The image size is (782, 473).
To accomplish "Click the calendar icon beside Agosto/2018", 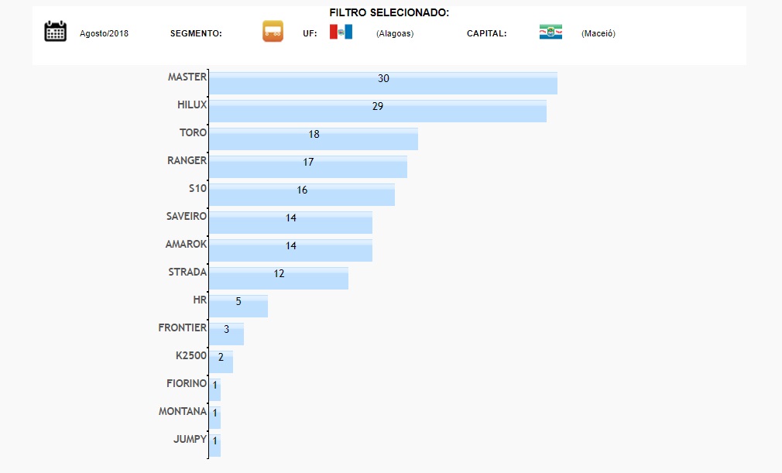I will [55, 31].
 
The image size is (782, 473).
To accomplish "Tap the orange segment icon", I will [273, 32].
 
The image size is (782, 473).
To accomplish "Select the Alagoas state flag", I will [341, 32].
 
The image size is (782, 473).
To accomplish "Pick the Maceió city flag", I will [550, 32].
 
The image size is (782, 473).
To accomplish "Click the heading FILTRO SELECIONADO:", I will [389, 12].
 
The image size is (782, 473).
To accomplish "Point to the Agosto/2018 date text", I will [104, 33].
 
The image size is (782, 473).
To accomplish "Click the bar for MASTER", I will [382, 83].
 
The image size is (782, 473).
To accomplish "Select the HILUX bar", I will [377, 111].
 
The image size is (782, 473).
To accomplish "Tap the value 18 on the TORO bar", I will [314, 134].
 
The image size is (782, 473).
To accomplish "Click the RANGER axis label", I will [187, 160].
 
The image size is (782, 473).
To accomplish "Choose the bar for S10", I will [301, 194].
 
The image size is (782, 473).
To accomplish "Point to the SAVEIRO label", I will [186, 216].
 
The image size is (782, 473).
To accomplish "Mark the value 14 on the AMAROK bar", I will [291, 245].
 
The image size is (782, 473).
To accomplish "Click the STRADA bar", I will [279, 278].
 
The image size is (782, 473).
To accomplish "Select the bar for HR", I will [238, 306].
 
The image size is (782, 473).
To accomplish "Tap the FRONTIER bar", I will [226, 334].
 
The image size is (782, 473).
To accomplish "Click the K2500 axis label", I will [190, 355].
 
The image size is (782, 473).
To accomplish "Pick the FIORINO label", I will [186, 383].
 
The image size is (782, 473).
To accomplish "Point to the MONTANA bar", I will [214, 417].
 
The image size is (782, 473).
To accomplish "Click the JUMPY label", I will [190, 439].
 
